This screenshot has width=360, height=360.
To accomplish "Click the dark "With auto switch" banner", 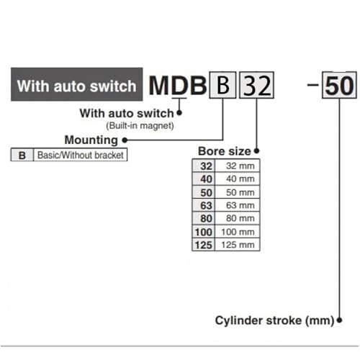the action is (77, 84).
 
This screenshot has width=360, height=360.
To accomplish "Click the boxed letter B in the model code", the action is (222, 85).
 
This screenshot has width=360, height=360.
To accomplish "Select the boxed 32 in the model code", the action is (256, 85).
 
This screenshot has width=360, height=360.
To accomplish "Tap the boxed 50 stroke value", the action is (339, 85).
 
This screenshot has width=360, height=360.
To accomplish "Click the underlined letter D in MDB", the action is (179, 86).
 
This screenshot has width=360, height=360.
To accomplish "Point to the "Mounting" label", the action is (91, 140).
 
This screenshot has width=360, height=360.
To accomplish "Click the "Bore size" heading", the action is (225, 151).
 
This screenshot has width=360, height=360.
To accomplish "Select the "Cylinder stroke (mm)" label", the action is (274, 320).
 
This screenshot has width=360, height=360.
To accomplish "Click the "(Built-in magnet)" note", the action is (140, 126).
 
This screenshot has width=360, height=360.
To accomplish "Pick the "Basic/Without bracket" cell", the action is (81, 155).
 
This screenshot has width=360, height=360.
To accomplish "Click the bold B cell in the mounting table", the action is (22, 155).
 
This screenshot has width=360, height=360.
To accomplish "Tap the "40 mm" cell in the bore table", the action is (238, 179).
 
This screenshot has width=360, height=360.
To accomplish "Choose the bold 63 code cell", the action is (204, 205).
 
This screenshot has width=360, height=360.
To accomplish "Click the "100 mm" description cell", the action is (238, 232).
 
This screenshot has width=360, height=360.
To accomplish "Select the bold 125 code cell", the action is (204, 245).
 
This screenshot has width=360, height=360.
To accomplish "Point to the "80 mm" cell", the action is (238, 218).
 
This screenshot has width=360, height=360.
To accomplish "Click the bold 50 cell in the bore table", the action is (204, 192).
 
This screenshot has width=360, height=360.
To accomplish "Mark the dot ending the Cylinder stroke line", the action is (339, 320).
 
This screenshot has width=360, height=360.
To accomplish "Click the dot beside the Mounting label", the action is (125, 140).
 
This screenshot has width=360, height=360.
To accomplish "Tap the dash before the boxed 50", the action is (312, 84).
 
